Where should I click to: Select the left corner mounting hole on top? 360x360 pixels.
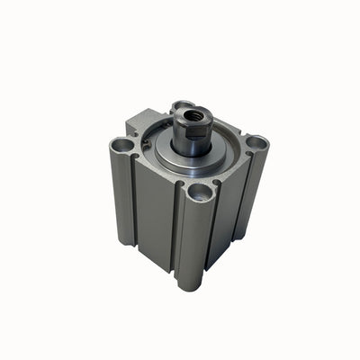coord(121,144)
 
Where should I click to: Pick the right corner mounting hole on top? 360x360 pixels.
coord(256,142)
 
